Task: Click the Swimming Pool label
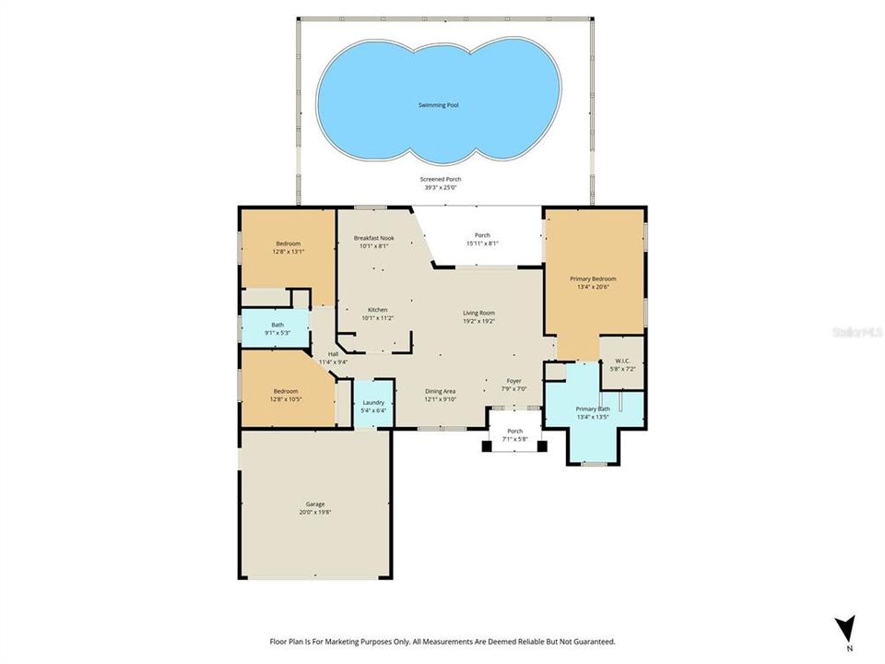coord(440,105)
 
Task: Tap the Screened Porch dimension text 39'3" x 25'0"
coord(442,187)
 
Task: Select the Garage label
coord(315,504)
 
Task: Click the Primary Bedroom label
coord(596,279)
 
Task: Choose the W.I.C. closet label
coord(622,361)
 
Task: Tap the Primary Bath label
coord(593,409)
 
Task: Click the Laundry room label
coord(373,403)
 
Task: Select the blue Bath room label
coord(277,325)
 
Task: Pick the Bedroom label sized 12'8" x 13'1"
coord(288,243)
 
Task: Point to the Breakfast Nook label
coord(373,238)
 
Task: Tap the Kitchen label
coord(378,309)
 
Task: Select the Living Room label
coord(478,314)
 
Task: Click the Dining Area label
coord(440,391)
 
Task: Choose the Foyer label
coord(514,381)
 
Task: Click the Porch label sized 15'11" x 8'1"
coord(482,235)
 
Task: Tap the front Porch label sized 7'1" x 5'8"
coord(515,431)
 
